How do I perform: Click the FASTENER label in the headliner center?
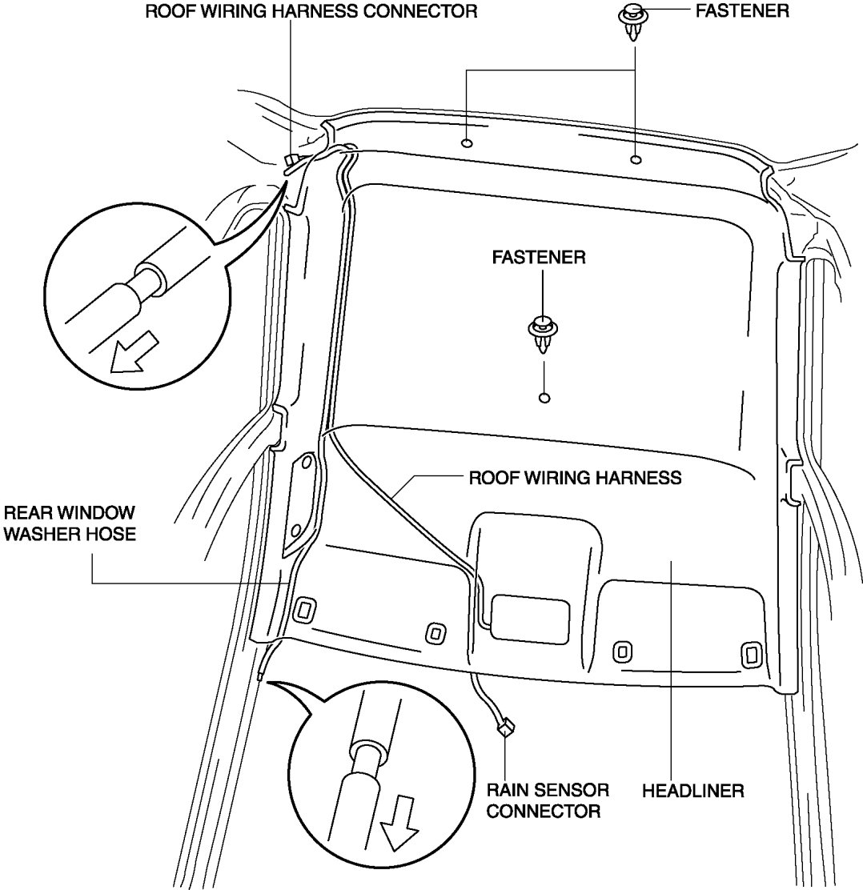point(539,258)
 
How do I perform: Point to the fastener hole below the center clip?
point(544,398)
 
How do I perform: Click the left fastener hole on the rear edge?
point(467,143)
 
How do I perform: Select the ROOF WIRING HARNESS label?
point(574,478)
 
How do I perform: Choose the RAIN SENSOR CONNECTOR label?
point(548,800)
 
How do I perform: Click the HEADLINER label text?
point(693,791)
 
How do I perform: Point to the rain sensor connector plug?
point(504,728)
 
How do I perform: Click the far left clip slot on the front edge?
point(303,610)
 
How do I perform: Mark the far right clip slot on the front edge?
point(750,655)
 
